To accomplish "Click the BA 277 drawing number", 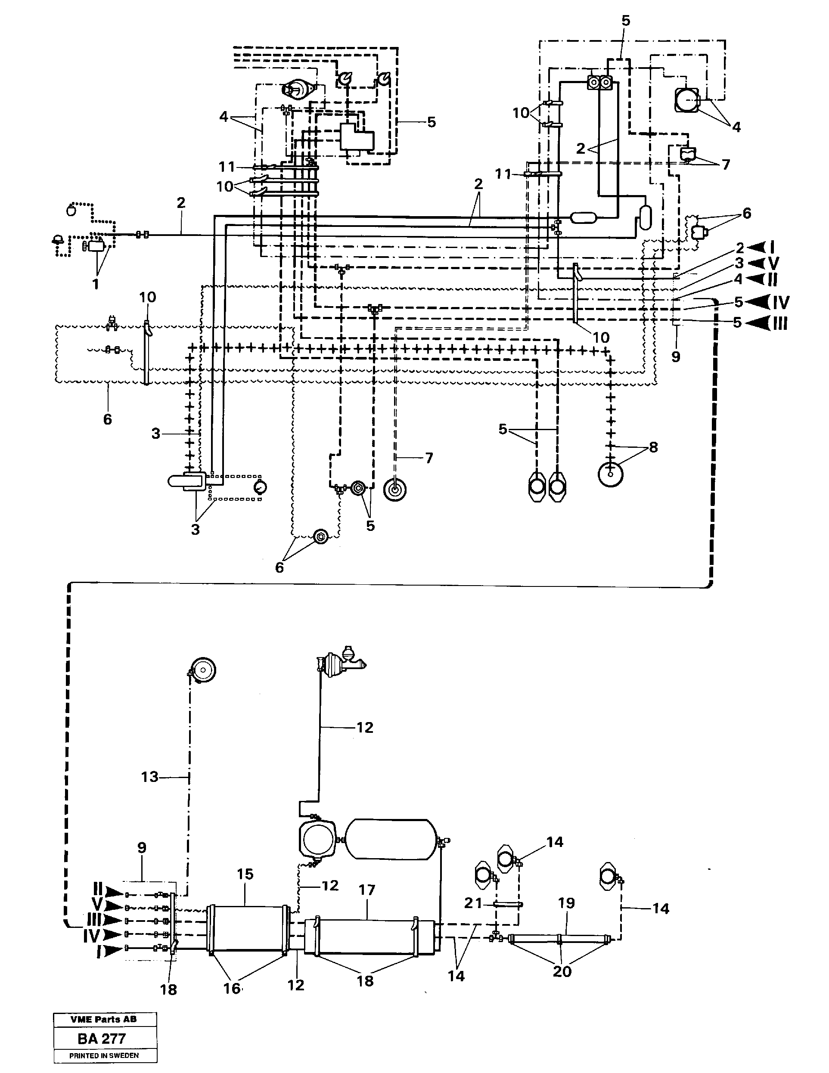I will [x=102, y=1039].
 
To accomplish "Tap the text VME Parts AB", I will [x=104, y=1020].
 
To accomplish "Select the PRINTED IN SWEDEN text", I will [x=104, y=1055].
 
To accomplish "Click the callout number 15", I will [x=245, y=874].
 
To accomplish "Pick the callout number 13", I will [x=149, y=777].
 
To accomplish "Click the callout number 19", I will [x=566, y=902].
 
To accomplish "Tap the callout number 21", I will [x=473, y=903].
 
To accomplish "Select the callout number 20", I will [x=562, y=971].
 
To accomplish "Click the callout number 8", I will [x=653, y=447].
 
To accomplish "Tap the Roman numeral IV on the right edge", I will [x=780, y=302].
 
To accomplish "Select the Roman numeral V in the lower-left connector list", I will [x=98, y=905].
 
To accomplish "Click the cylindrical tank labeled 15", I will [x=248, y=929].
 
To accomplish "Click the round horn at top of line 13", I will [x=203, y=670].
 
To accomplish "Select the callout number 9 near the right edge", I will [x=676, y=357].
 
